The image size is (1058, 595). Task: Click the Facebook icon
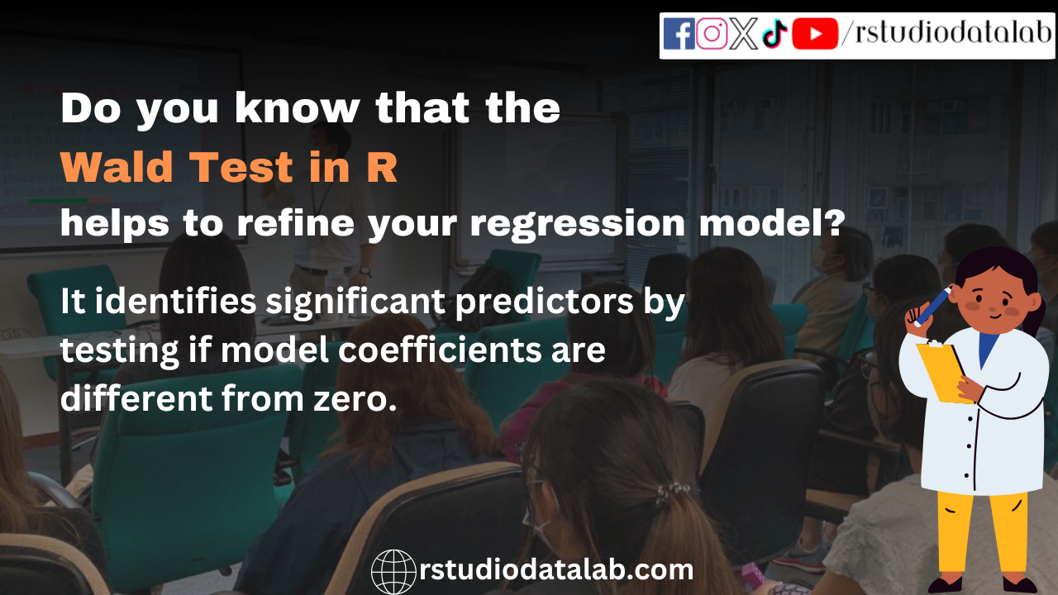click(x=679, y=34)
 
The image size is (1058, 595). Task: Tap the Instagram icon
click(x=712, y=34)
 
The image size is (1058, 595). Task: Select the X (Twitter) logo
click(x=743, y=34)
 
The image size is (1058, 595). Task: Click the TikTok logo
click(x=774, y=35)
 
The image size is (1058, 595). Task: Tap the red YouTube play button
click(x=815, y=34)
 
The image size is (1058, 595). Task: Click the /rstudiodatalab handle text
click(x=947, y=34)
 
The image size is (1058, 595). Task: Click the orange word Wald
click(x=117, y=167)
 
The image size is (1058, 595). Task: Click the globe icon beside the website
click(x=393, y=571)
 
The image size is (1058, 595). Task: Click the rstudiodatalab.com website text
click(x=556, y=570)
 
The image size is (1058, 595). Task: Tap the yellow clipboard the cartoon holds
click(x=943, y=373)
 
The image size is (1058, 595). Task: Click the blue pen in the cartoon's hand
click(x=933, y=307)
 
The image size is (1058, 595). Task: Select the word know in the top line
click(x=298, y=108)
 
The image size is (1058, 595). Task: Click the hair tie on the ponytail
click(x=671, y=493)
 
